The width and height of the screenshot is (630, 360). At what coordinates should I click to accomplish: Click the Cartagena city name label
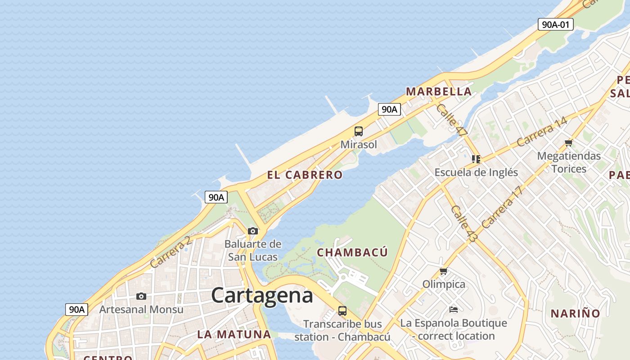262,296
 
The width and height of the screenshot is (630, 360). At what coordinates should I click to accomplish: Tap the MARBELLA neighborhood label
439,92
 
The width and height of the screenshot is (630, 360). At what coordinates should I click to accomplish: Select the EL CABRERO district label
305,175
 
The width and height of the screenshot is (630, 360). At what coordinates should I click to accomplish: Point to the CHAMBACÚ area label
352,252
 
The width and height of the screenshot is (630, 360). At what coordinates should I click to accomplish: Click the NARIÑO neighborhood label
576,313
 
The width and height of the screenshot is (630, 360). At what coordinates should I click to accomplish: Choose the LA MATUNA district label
234,334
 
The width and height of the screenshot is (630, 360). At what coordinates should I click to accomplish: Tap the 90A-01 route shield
556,24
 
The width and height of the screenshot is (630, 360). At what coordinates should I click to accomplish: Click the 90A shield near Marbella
389,109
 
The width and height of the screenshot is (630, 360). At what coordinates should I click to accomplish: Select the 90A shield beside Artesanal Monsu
76,310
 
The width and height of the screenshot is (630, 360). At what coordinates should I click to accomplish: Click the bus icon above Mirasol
359,131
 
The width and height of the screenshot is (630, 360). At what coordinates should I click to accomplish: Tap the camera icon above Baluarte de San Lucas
253,231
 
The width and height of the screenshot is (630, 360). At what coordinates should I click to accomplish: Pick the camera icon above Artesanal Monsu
141,296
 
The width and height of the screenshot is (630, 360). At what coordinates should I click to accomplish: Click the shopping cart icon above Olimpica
444,271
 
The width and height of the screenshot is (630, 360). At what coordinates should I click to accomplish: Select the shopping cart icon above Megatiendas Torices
569,143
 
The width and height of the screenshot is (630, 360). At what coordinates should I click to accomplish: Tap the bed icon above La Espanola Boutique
454,310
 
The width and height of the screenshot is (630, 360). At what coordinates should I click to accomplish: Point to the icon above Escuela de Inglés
476,159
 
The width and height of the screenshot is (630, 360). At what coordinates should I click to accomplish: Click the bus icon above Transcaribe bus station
342,310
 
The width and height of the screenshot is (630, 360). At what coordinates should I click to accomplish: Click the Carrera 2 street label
171,252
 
